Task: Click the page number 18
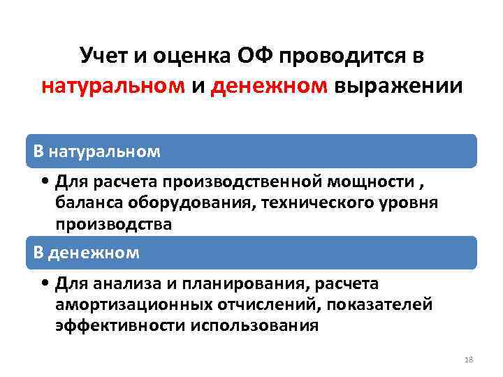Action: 468,359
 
